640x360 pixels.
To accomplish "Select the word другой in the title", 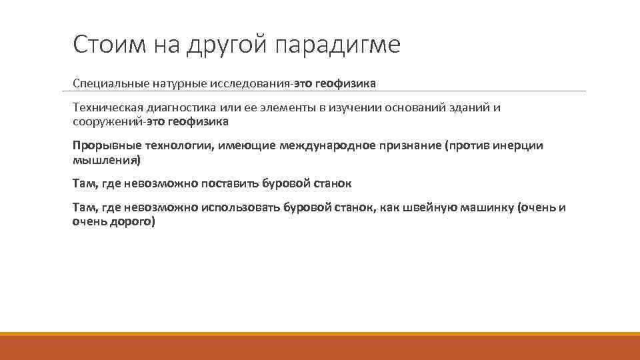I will click(226, 45).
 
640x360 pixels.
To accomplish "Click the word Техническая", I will click(102, 109).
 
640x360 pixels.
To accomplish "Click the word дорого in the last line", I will click(134, 221).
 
